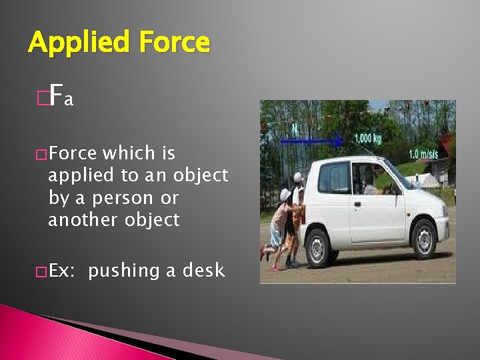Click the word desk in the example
coord(204,270)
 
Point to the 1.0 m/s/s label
coord(423,154)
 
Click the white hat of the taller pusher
coord(298,178)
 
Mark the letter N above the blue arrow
coord(294,126)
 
